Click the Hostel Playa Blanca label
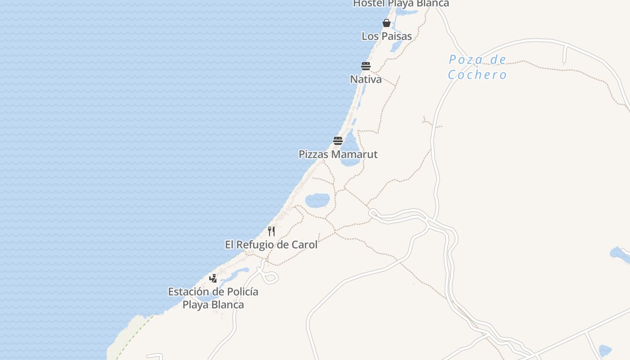click(400, 4)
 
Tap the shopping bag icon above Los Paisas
click(386, 23)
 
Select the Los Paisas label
click(387, 36)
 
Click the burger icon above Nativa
click(366, 66)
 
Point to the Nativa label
click(366, 79)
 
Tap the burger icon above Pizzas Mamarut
click(338, 140)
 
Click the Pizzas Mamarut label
click(338, 154)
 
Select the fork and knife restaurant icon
click(271, 231)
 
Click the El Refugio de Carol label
click(271, 245)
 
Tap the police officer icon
click(213, 279)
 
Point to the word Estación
click(189, 292)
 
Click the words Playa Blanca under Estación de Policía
click(213, 305)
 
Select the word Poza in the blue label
click(466, 60)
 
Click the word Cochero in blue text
click(477, 75)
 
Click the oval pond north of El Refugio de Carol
click(317, 200)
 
